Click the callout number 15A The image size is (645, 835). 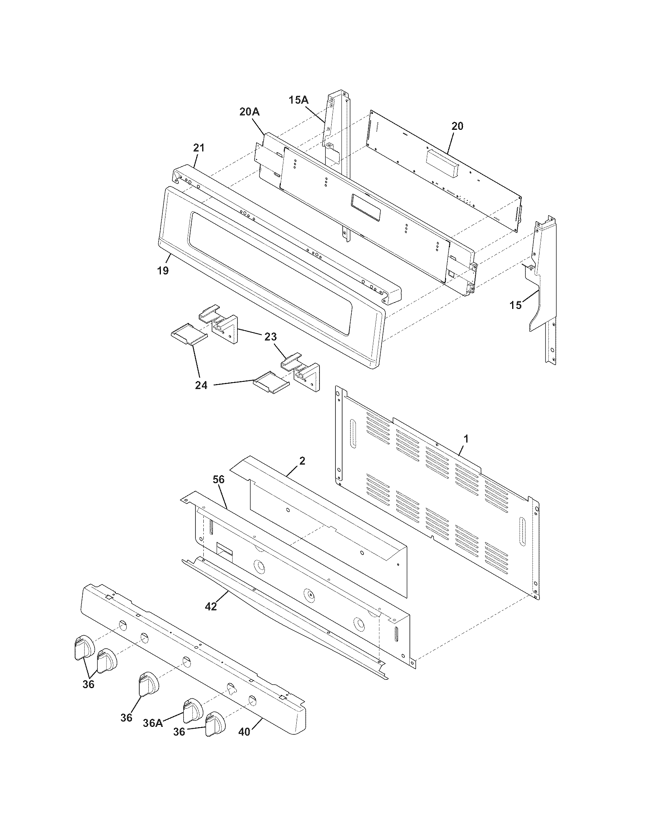pos(298,100)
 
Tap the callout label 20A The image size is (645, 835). pos(250,112)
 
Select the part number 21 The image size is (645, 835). pos(199,148)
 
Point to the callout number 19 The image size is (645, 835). pos(162,271)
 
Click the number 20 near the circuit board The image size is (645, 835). pos(458,126)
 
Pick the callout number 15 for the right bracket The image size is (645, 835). pos(516,305)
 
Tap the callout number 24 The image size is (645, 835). pos(201,385)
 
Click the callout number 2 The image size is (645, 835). pos(302,461)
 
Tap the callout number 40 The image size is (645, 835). pos(244,731)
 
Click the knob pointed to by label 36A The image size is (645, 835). pos(193,711)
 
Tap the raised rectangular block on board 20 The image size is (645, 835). pos(443,164)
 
